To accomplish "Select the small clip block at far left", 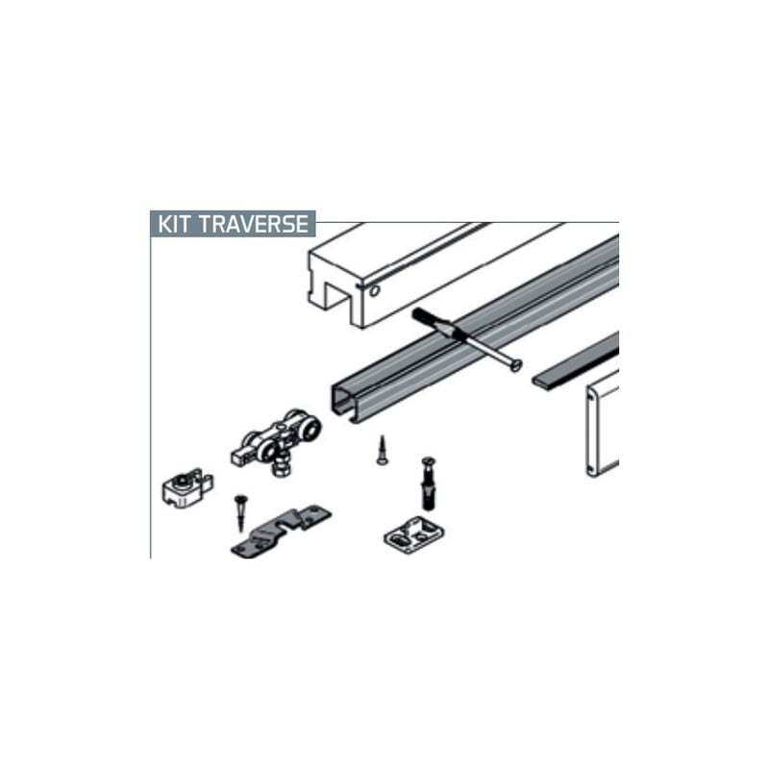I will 186,487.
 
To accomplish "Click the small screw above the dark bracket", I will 239,513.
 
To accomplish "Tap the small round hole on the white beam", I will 375,290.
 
